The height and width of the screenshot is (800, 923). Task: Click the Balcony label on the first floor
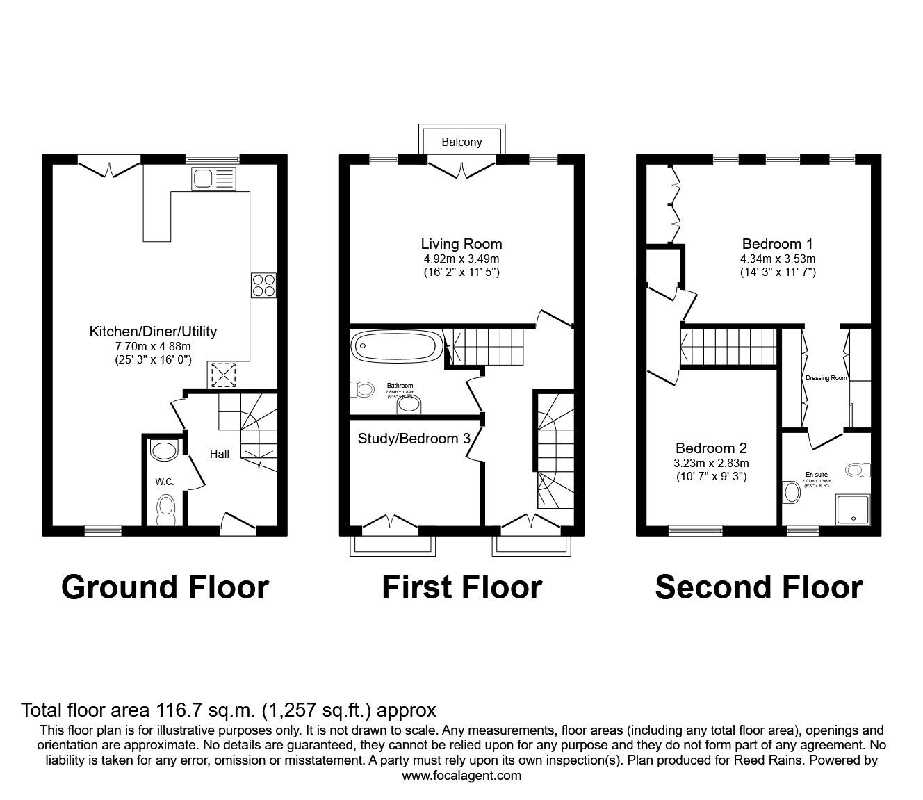(461, 142)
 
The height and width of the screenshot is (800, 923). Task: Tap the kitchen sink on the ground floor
(215, 179)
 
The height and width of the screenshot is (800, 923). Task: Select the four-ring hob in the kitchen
(263, 286)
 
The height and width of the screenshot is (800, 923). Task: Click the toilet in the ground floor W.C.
(165, 508)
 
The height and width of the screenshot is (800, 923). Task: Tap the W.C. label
(164, 482)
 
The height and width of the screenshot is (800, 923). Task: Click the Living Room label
(461, 244)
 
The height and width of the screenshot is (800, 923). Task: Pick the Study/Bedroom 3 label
(414, 439)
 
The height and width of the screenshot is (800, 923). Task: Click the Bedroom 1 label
(777, 244)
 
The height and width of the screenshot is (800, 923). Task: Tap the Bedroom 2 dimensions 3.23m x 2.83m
(712, 463)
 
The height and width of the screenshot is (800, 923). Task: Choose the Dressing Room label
(826, 378)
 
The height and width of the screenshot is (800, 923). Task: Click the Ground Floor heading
(165, 587)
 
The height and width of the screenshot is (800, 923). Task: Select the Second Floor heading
(758, 587)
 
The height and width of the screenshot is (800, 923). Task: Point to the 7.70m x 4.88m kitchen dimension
(153, 346)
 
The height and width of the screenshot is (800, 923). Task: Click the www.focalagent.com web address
(461, 776)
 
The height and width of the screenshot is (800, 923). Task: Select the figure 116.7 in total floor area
(176, 710)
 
